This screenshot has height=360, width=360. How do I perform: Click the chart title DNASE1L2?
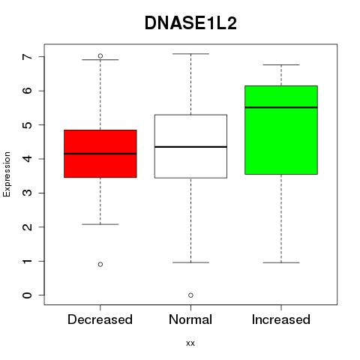(190, 23)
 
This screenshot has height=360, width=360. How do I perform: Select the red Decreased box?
(100, 154)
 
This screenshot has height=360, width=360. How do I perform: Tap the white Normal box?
(190, 146)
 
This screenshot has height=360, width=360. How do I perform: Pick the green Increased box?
(281, 130)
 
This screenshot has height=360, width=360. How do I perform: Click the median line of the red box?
(100, 154)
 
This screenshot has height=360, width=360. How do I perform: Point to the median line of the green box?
(281, 107)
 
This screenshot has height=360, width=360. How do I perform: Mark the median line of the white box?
(190, 147)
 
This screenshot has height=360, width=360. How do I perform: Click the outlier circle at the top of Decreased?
(100, 55)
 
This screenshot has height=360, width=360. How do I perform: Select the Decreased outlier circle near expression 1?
(100, 264)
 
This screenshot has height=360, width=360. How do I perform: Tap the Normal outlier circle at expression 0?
(190, 295)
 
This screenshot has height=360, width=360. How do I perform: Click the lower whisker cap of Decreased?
(100, 224)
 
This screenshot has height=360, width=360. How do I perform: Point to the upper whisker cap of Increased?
(281, 64)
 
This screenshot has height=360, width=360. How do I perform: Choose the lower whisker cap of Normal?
(190, 262)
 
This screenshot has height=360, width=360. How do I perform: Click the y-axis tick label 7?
(28, 57)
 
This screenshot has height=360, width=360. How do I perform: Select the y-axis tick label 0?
(28, 295)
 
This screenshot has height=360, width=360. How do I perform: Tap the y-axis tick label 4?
(28, 159)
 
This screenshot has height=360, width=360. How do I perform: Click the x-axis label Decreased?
(100, 319)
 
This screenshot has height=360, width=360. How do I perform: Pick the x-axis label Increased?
(281, 319)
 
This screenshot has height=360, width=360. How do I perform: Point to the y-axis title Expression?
(7, 174)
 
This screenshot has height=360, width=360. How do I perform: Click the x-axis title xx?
(190, 343)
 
